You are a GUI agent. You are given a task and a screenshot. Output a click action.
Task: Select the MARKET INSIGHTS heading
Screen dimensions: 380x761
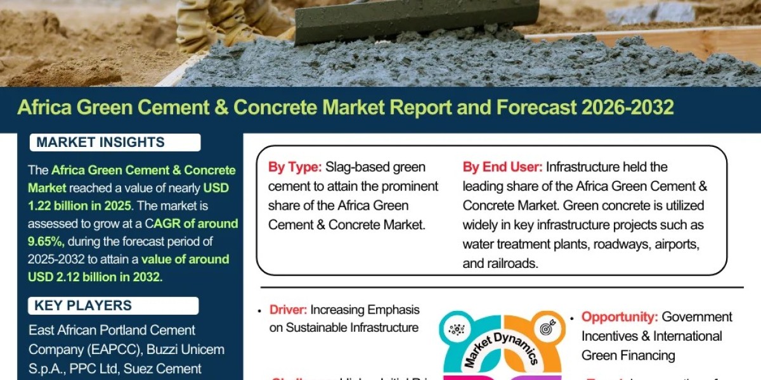100,142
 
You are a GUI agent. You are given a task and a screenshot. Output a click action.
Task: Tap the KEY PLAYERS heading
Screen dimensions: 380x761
83,306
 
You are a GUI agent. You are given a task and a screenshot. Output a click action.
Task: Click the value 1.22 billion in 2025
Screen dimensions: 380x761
79,206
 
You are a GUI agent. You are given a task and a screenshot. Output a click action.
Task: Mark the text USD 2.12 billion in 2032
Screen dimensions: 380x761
95,277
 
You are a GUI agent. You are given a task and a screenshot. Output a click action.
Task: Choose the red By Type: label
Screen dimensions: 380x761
295,168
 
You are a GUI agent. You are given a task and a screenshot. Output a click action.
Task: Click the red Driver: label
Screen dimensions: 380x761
289,310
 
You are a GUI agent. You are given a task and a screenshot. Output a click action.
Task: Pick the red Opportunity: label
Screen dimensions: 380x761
620,317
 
